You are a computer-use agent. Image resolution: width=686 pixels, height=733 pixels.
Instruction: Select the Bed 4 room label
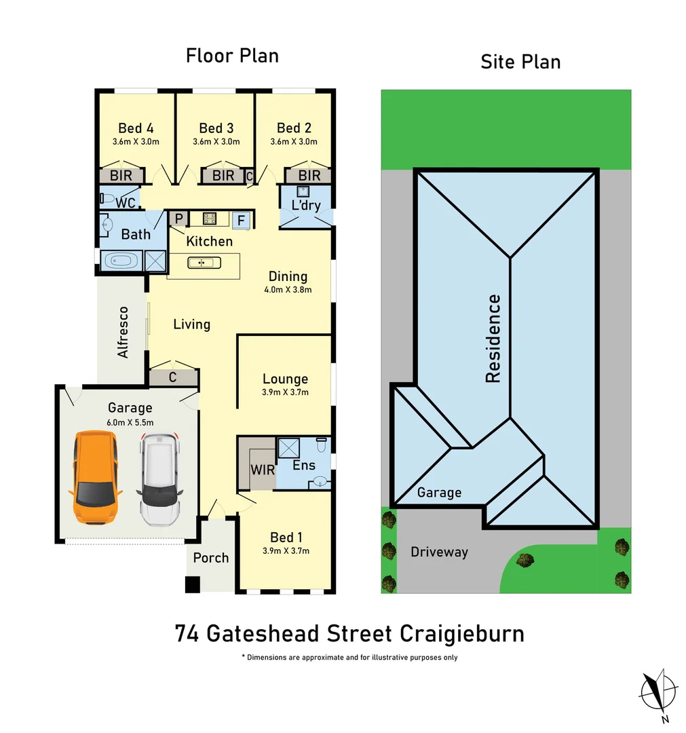[136, 128]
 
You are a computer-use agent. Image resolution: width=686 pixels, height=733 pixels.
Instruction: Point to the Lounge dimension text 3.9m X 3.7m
[285, 392]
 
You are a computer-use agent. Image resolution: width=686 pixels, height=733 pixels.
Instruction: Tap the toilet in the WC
[107, 199]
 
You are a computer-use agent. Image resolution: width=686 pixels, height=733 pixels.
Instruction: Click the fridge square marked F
[240, 219]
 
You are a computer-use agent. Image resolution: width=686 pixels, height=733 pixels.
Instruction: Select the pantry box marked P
[179, 219]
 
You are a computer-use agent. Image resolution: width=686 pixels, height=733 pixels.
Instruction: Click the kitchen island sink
[202, 263]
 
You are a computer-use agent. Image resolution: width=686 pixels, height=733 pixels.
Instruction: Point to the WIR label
[262, 469]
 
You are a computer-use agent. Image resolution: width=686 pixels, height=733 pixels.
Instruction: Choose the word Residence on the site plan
[493, 339]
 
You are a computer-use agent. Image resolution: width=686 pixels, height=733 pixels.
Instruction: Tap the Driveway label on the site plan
[439, 552]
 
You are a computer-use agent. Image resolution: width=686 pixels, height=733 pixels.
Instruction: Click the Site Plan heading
[520, 62]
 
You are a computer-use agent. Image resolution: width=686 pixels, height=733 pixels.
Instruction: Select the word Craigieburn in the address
[461, 634]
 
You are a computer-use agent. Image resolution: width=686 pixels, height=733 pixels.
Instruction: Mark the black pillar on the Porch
[193, 584]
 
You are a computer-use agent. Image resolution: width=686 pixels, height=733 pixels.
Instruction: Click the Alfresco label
[123, 333]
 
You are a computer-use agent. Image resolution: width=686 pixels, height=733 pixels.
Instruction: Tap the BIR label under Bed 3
[223, 176]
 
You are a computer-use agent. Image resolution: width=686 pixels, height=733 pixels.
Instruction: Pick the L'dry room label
[306, 205]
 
